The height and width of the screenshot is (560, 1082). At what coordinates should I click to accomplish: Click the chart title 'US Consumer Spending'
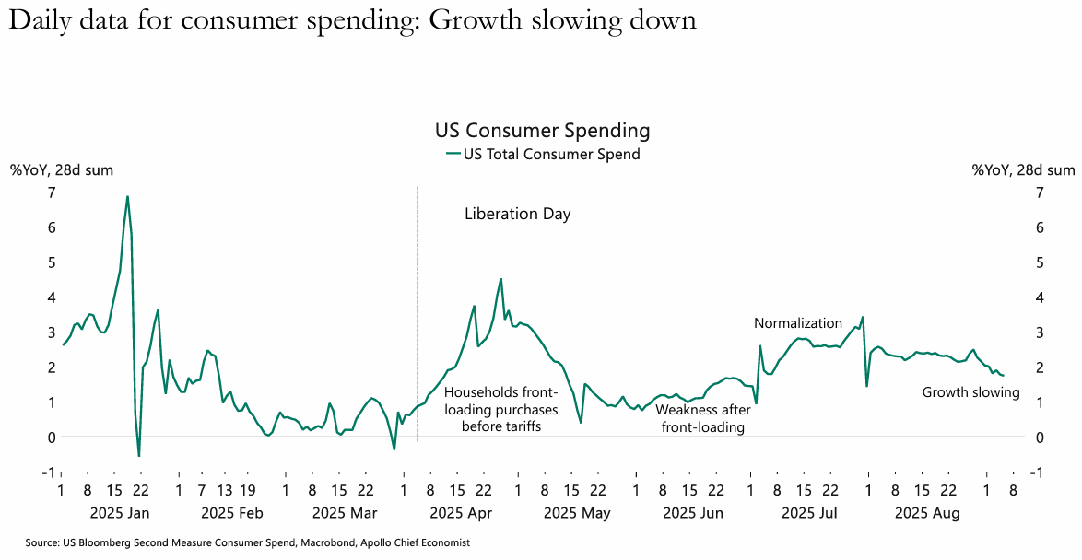pyautogui.click(x=542, y=131)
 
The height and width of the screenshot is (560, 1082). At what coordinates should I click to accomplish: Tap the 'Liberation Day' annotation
pyautogui.click(x=517, y=215)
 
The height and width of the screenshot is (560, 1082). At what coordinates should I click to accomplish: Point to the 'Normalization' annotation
pyautogui.click(x=797, y=323)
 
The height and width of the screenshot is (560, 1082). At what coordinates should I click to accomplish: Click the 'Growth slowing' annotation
pyautogui.click(x=970, y=392)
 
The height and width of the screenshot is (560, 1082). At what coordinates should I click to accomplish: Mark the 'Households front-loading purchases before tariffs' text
pyautogui.click(x=502, y=409)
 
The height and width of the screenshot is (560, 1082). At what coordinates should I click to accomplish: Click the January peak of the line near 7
pyautogui.click(x=127, y=196)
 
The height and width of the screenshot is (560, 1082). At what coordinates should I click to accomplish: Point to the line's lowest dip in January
pyautogui.click(x=139, y=455)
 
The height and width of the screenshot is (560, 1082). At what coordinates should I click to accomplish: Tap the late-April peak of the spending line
pyautogui.click(x=500, y=279)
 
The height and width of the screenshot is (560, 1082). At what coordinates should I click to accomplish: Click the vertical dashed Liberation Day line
pyautogui.click(x=418, y=313)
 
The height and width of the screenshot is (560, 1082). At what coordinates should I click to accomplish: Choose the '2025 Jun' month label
pyautogui.click(x=692, y=513)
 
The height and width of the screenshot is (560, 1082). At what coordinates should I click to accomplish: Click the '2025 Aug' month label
pyautogui.click(x=929, y=513)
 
